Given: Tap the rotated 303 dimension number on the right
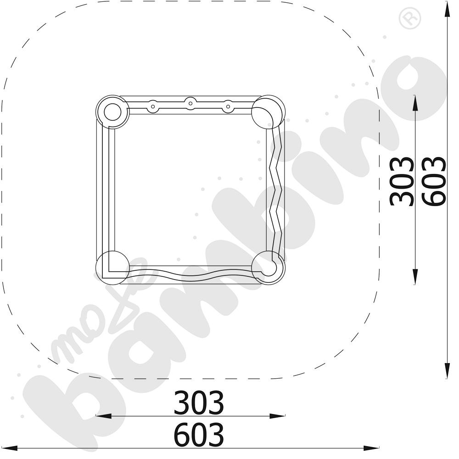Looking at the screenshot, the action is point(402,181).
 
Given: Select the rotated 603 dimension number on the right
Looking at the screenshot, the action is point(434,181).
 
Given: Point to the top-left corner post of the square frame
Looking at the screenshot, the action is point(112,112).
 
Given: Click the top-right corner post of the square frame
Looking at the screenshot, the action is point(268,112).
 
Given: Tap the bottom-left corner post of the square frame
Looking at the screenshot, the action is point(112,267).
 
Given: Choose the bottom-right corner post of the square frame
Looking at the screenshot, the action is point(268,267).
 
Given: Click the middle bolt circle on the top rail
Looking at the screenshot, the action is point(190,103).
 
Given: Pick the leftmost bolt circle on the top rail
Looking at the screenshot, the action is point(152,106).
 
